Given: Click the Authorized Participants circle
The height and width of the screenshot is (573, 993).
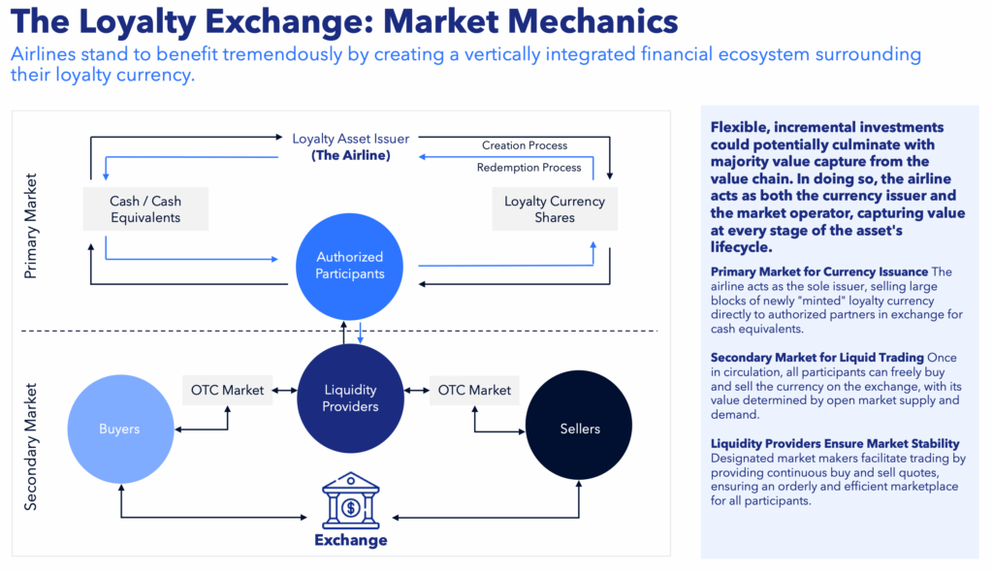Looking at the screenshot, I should click(349, 266).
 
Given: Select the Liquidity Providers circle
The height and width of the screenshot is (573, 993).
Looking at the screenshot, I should click(350, 398).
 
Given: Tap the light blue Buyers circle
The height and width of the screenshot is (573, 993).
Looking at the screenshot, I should click(120, 429).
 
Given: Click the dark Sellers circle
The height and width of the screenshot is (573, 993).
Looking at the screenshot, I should click(579, 429).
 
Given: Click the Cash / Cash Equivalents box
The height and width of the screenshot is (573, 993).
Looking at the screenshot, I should click(145, 209).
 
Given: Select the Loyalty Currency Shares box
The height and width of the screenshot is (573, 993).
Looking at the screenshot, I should click(554, 209).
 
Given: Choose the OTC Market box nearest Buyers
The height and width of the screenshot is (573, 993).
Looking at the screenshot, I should click(228, 390).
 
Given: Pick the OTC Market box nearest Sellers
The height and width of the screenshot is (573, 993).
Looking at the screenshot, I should click(474, 390).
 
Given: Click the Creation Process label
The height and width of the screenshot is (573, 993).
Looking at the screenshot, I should click(525, 145).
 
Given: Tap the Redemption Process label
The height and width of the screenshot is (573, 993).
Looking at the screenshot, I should click(529, 168).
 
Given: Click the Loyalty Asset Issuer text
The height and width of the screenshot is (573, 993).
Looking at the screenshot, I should click(350, 139).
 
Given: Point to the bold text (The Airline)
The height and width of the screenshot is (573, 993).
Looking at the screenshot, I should click(350, 155).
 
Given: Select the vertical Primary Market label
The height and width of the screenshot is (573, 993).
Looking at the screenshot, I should click(31, 226).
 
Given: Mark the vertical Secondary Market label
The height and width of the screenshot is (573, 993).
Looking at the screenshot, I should click(31, 446).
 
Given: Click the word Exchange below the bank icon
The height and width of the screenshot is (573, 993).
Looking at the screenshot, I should click(350, 540).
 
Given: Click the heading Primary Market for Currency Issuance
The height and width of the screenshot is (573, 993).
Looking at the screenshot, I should click(819, 271).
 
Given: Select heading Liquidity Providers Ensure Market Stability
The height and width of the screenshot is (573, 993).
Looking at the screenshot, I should click(835, 443).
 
